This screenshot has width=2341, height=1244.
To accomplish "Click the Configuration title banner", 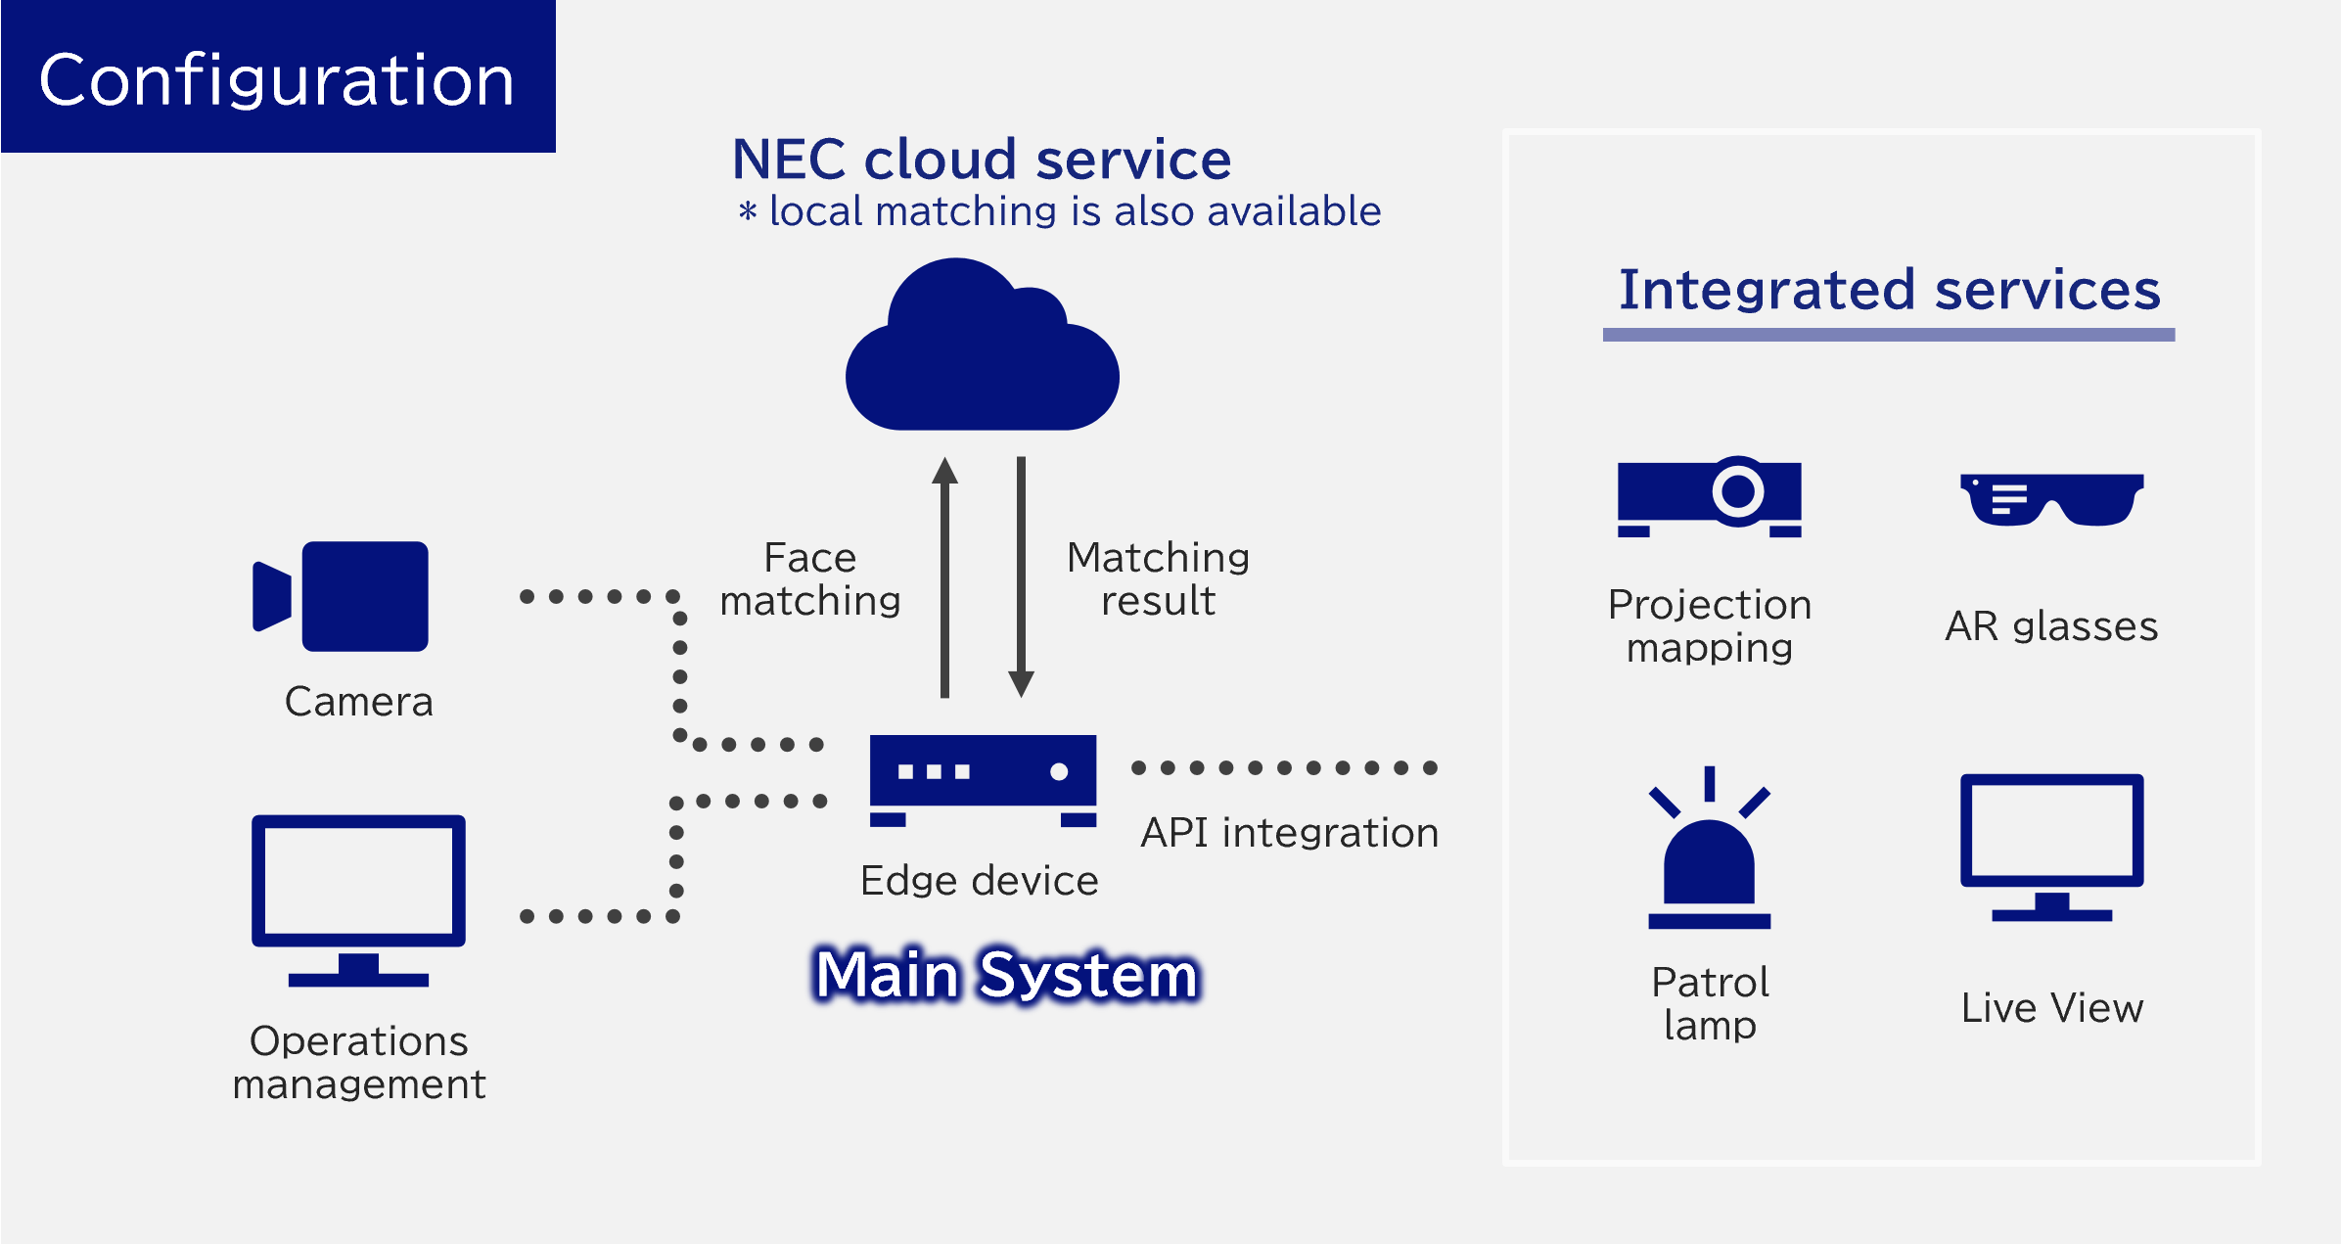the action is [278, 76].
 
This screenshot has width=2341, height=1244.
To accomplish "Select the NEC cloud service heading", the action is [982, 159].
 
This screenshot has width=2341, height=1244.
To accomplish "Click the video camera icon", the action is [341, 596].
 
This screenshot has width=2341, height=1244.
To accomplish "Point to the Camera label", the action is [358, 702].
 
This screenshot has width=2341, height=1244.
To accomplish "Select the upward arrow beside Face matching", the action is [944, 577].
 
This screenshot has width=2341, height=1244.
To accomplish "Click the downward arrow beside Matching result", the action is [1021, 577].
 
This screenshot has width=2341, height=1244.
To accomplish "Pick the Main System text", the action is [1007, 975].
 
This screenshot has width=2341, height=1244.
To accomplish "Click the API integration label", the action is [1290, 833].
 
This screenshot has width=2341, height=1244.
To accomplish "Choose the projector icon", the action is [1709, 496].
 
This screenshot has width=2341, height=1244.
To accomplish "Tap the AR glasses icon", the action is [2052, 499].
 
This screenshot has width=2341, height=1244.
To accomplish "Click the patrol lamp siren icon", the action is [1710, 848].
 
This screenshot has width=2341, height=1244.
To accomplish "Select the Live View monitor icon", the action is [2052, 848].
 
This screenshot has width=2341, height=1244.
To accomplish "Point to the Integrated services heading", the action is [1889, 290].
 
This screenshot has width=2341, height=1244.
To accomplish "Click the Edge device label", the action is [980, 881].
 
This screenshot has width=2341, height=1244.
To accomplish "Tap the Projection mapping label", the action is [1710, 626].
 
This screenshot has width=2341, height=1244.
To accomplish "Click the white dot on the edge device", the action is [1059, 771].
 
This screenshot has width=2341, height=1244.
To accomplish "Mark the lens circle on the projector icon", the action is [1738, 491].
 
